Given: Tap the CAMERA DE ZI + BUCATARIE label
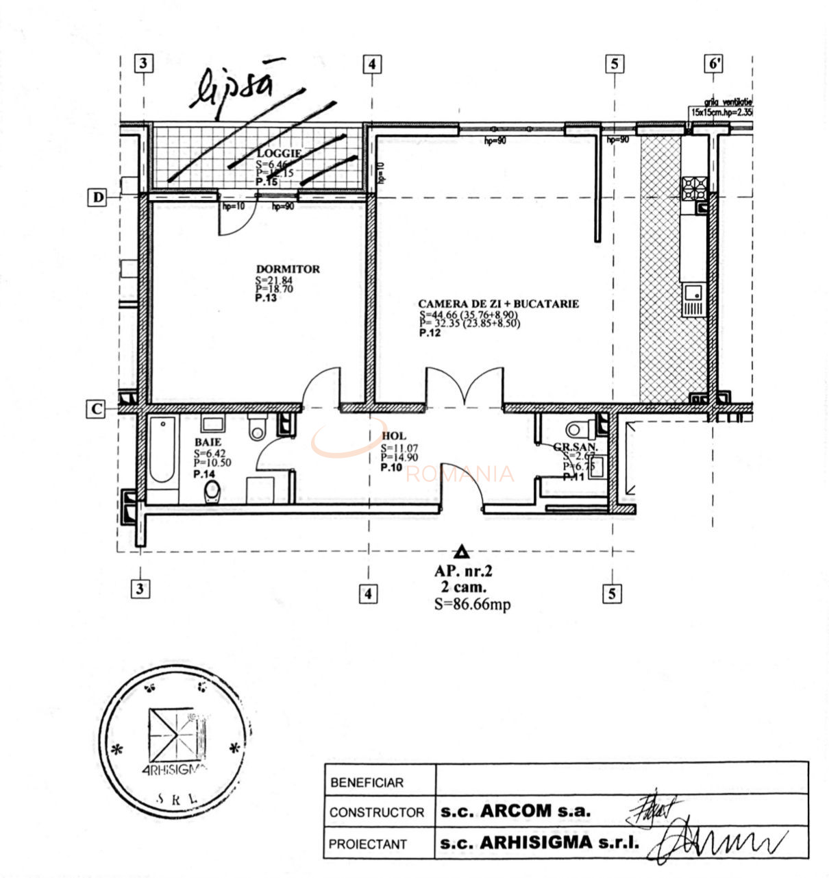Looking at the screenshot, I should coord(498,304).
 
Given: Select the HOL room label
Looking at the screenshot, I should coord(394,436).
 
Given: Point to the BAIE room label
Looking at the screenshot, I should coord(208,443).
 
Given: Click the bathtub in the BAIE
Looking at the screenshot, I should coord(162,450).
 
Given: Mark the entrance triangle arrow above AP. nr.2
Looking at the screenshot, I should coord(462,551).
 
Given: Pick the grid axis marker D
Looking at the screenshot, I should coord(99,197).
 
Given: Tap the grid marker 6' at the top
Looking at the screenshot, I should coord(714,64).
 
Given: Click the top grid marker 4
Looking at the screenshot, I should coord(371,64).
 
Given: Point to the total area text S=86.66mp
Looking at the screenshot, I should coord(472,604).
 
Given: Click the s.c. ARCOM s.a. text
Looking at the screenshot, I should coord(515,811).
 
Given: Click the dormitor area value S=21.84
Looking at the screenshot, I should coord(274,280).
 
